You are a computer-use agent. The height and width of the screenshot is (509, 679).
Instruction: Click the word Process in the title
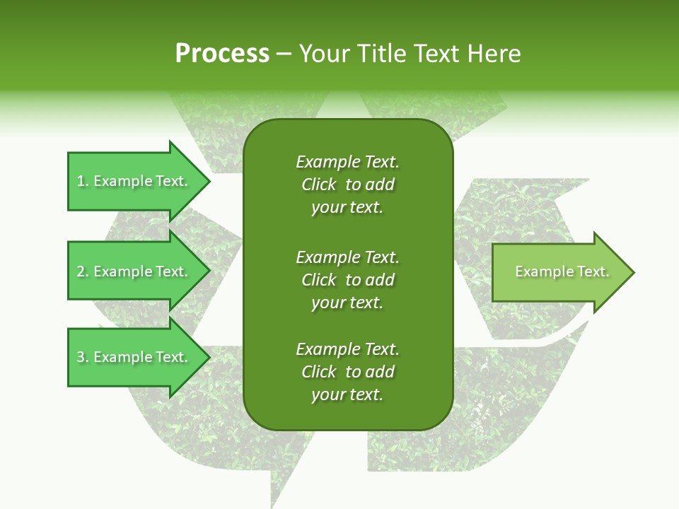tap(222, 54)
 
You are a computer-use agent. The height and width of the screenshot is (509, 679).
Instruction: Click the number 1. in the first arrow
tap(83, 181)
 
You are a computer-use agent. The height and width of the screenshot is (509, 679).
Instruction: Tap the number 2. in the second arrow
tap(83, 271)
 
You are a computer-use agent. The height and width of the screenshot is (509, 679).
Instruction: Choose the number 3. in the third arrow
tap(83, 357)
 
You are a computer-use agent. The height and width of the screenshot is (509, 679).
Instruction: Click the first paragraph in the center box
tap(347, 185)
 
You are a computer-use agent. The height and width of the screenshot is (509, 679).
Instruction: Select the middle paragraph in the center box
tap(347, 280)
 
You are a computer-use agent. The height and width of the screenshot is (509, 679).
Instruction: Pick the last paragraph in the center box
tap(347, 372)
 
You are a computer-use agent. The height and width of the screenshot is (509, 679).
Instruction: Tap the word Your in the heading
tap(325, 54)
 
